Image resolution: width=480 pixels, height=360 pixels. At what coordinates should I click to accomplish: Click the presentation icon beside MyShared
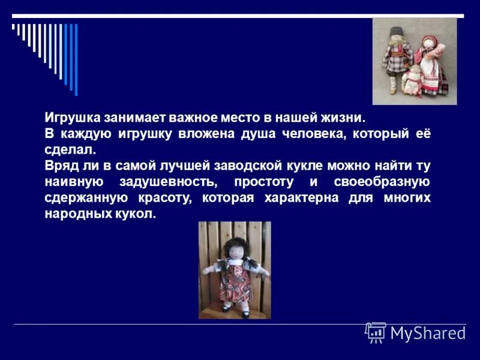click(x=376, y=332)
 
